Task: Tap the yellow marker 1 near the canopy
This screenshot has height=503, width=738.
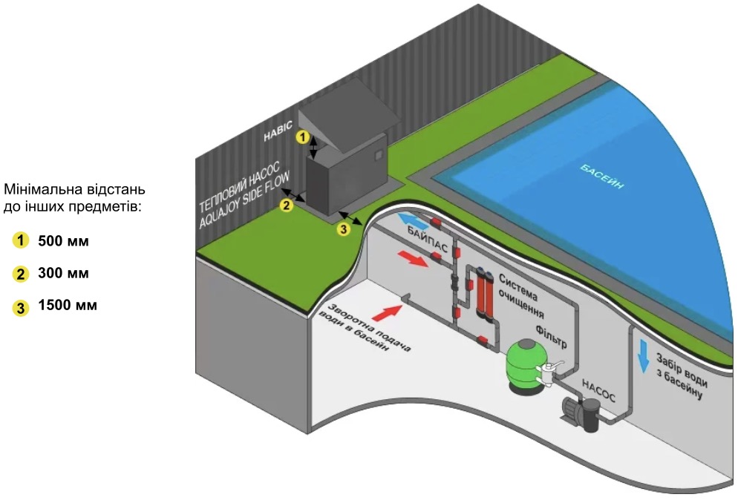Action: click(301, 137)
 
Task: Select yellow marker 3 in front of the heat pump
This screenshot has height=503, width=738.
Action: click(343, 230)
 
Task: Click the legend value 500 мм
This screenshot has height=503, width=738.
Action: click(63, 241)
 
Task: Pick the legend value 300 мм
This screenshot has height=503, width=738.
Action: click(63, 274)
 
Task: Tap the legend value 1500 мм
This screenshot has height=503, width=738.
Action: click(67, 306)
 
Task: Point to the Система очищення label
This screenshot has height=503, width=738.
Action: click(526, 293)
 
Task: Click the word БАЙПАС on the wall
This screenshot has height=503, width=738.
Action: click(427, 239)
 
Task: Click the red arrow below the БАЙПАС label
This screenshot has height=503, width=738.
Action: click(413, 258)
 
